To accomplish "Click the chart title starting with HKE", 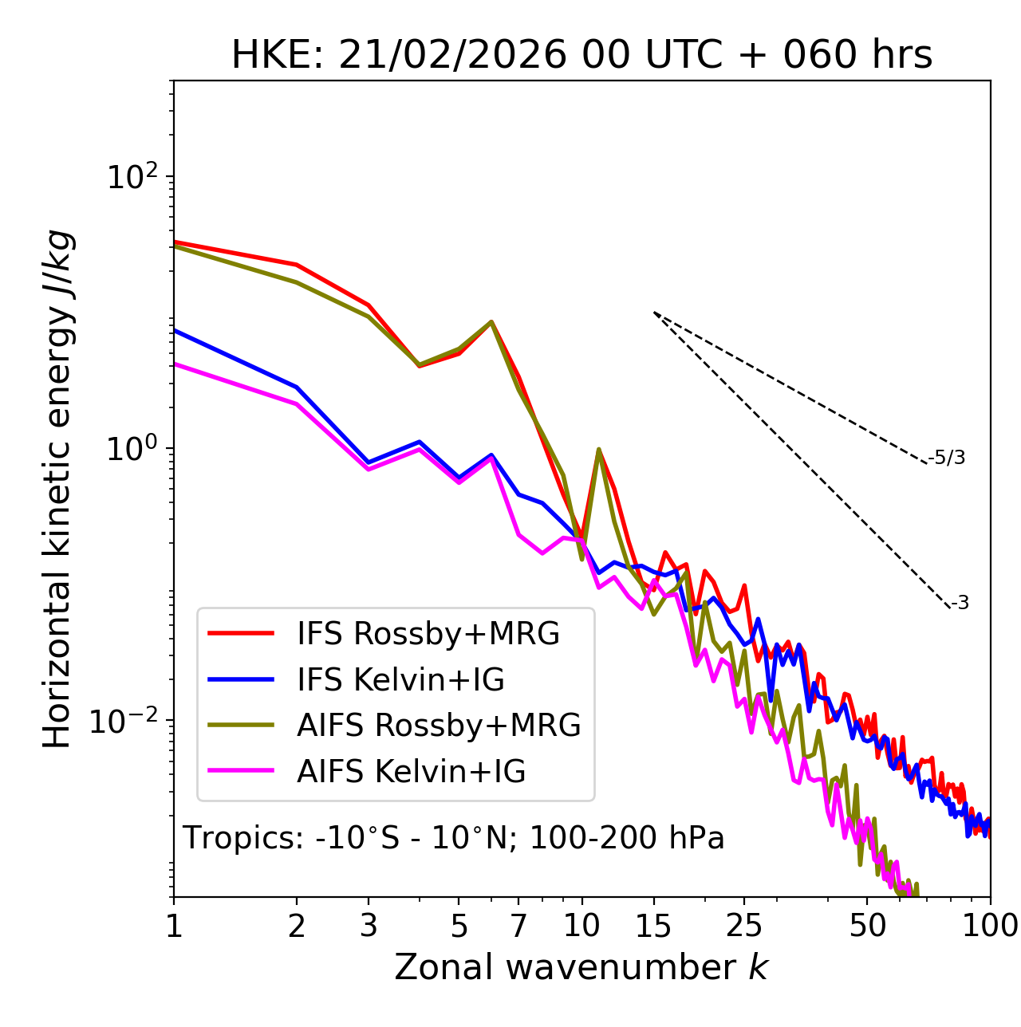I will pyautogui.click(x=581, y=55).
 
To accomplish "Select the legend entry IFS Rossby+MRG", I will pyautogui.click(x=428, y=634).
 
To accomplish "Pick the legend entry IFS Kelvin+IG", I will pyautogui.click(x=400, y=680).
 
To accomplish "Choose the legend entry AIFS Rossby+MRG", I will pyautogui.click(x=438, y=726).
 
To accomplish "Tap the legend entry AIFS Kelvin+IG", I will pyautogui.click(x=411, y=772).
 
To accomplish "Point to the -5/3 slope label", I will pyautogui.click(x=947, y=458).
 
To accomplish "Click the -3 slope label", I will pyautogui.click(x=960, y=604).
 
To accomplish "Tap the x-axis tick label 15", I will pyautogui.click(x=653, y=926).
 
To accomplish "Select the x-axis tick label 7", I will pyautogui.click(x=518, y=926).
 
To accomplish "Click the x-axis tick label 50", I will pyautogui.click(x=867, y=926).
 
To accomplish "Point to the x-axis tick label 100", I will pyautogui.click(x=989, y=926).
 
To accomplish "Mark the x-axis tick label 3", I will pyautogui.click(x=369, y=926).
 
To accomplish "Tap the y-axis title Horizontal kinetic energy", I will pyautogui.click(x=57, y=490).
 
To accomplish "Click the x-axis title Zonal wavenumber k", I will pyautogui.click(x=581, y=967).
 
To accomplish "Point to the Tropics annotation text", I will pyautogui.click(x=454, y=838).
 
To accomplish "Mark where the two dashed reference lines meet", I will pyautogui.click(x=654, y=312).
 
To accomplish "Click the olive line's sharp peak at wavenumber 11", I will pyautogui.click(x=598, y=449).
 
